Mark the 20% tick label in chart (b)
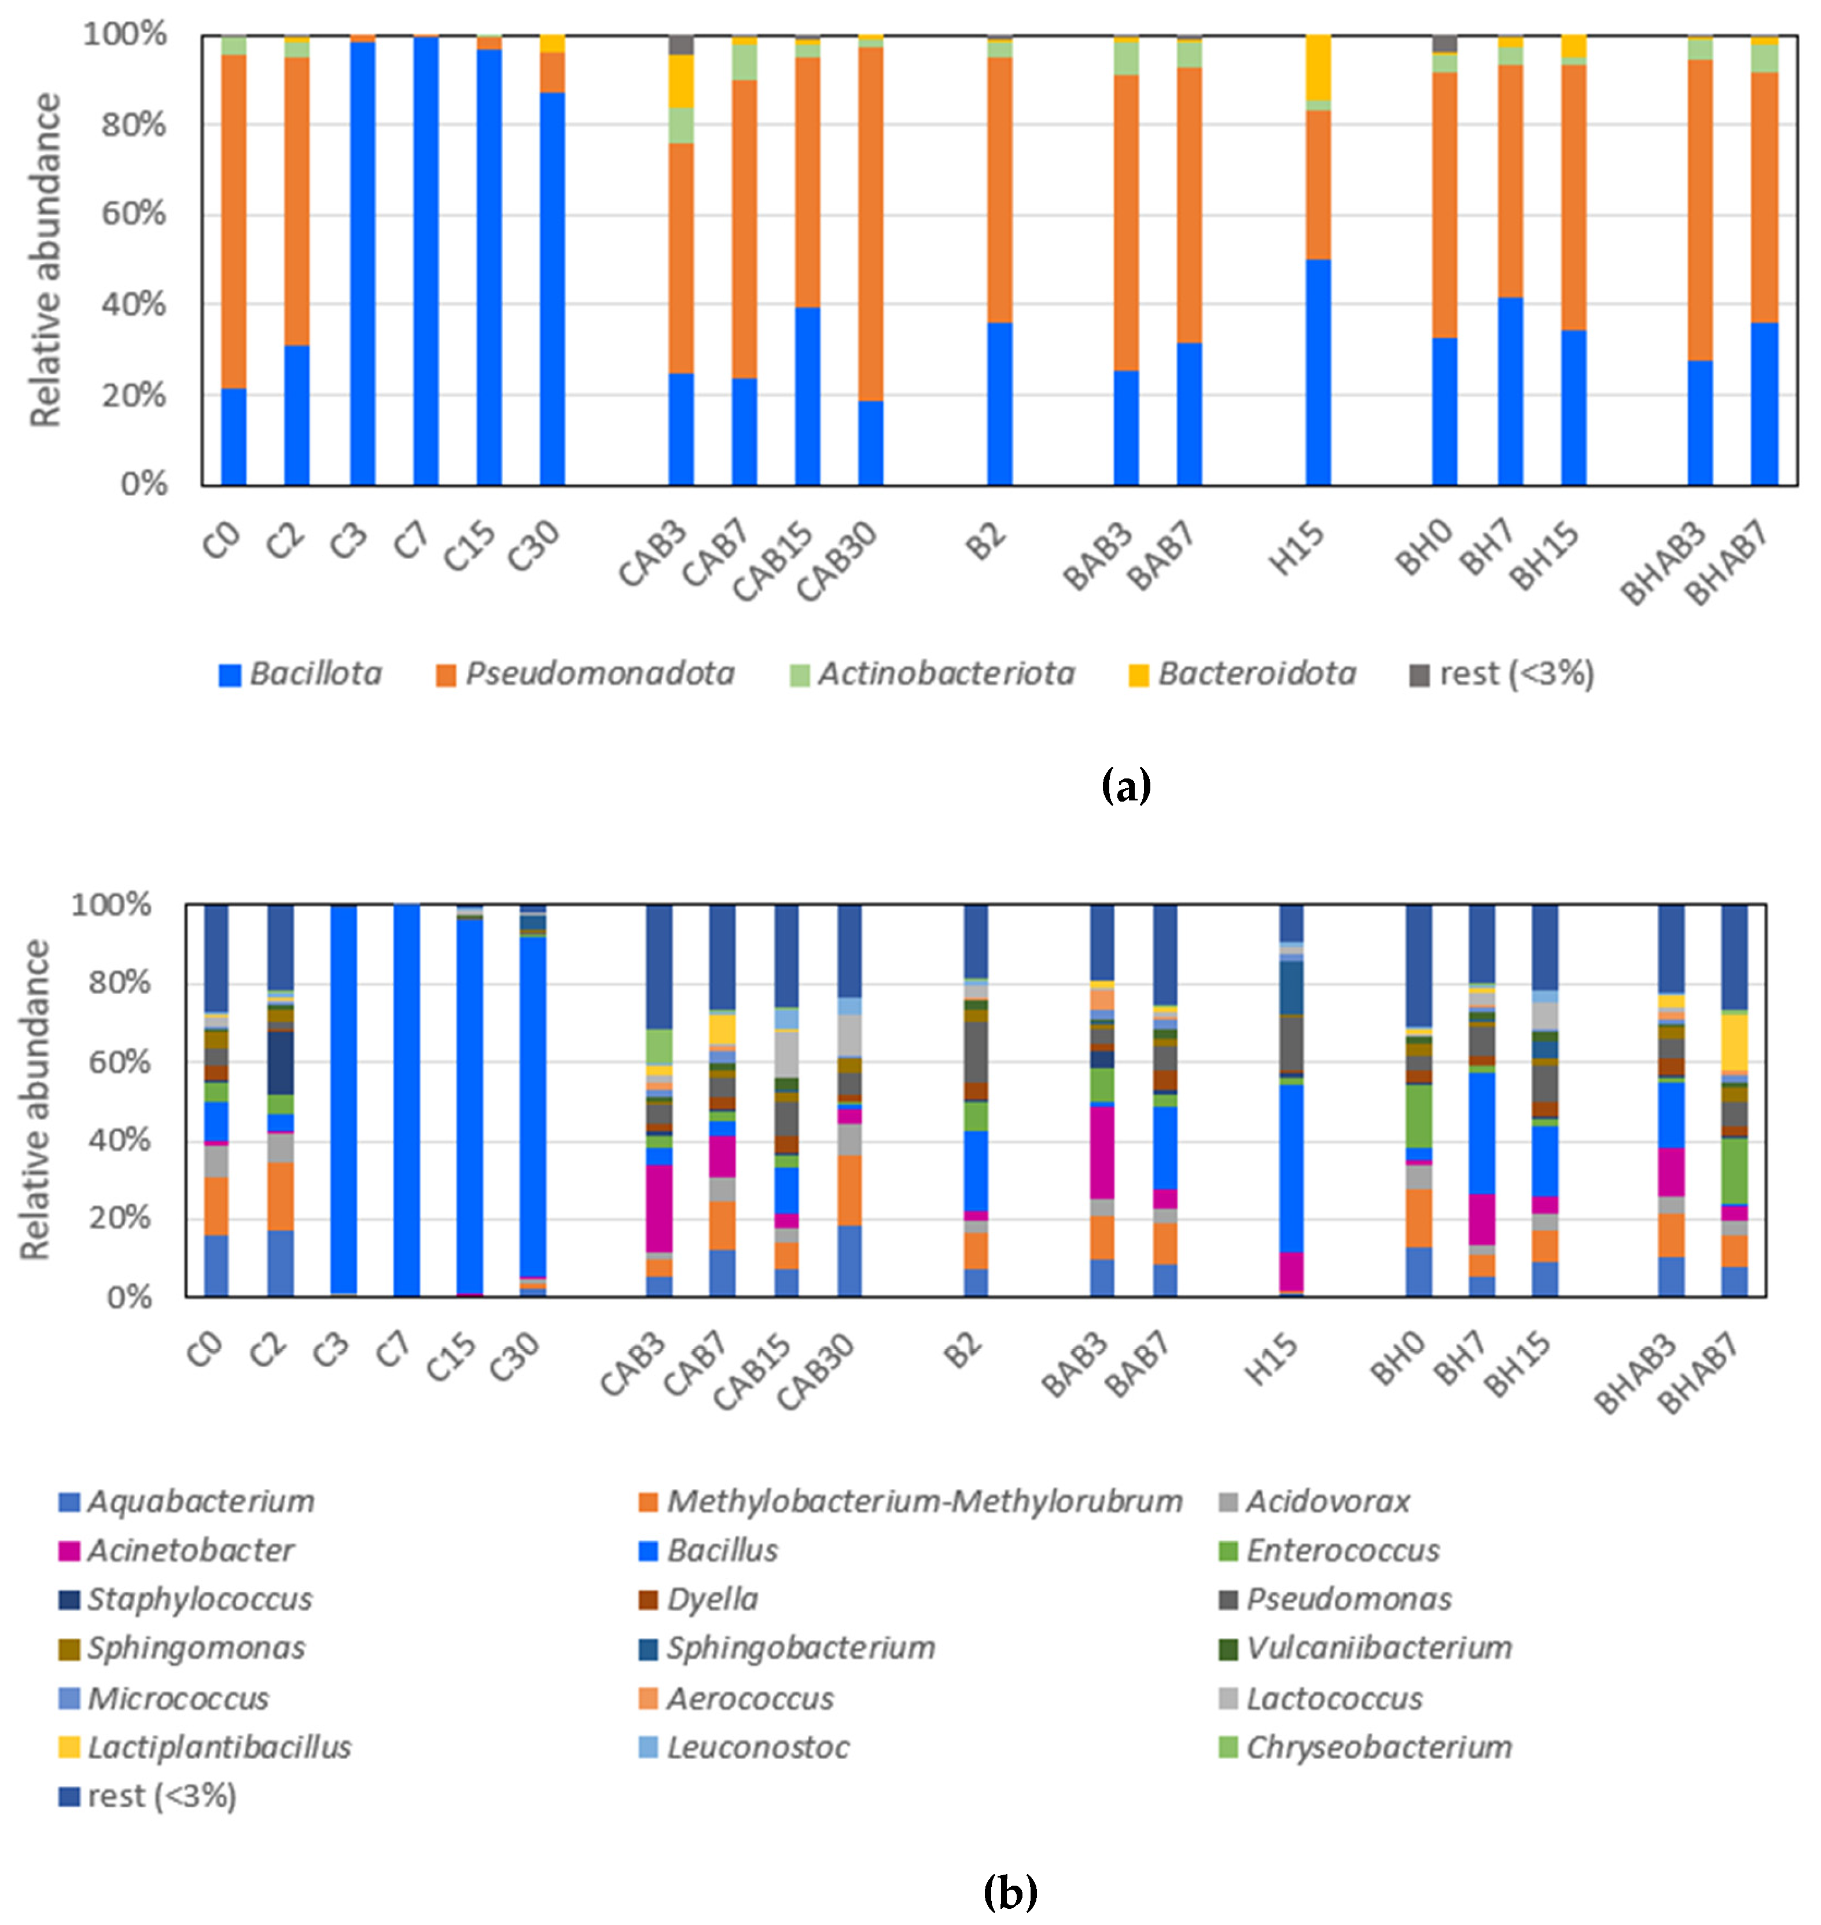[120, 1218]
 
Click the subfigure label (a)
[1126, 785]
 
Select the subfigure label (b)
[1010, 1891]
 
